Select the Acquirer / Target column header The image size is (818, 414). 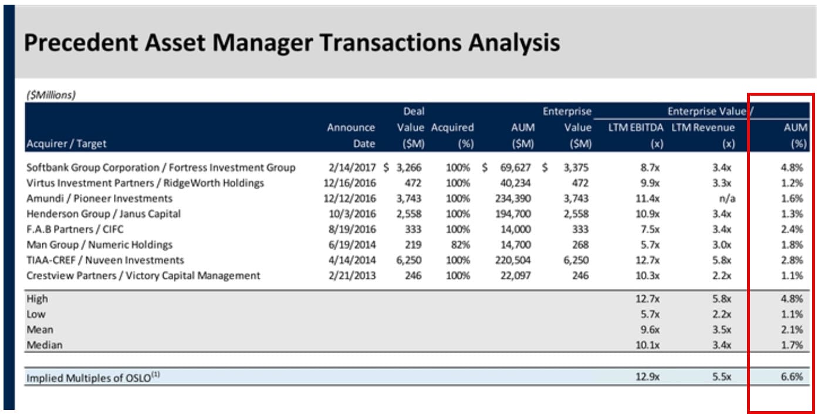pos(66,143)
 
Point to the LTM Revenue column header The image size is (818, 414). pos(703,127)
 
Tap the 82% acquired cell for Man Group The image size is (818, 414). pos(461,245)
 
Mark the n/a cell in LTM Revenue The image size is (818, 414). pos(728,198)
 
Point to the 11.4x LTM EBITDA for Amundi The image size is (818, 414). pos(648,198)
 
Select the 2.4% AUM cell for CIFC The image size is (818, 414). pos(792,229)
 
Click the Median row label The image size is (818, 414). pos(44,345)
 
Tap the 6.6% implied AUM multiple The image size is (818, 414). pos(792,378)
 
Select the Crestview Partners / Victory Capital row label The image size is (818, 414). pos(143,275)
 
